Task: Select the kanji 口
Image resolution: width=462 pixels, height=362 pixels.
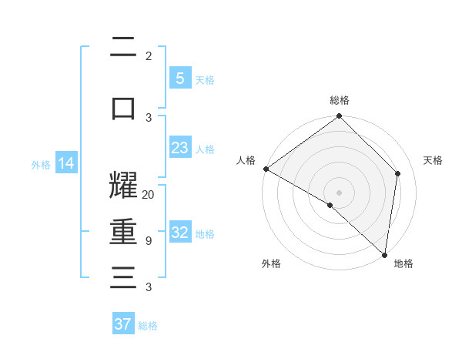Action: [x=123, y=108]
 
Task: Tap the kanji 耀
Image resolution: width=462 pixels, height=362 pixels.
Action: [x=123, y=186]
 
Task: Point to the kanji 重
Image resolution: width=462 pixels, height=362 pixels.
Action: [x=123, y=232]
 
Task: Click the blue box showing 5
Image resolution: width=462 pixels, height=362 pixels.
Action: [x=179, y=78]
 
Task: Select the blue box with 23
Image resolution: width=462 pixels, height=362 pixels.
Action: [x=179, y=147]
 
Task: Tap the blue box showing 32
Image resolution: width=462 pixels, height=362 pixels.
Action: [x=179, y=232]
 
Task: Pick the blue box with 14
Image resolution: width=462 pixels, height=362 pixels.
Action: [x=66, y=163]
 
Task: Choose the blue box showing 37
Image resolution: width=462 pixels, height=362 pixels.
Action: [x=123, y=324]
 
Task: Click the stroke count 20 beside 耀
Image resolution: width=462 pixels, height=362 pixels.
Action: [x=149, y=194]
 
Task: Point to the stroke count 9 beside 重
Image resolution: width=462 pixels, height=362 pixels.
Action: [x=148, y=240]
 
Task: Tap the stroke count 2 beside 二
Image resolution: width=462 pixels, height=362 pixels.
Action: [x=148, y=55]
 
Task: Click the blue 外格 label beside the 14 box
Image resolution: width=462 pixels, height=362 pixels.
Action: [x=41, y=164]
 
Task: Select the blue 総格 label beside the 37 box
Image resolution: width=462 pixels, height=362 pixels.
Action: [x=148, y=326]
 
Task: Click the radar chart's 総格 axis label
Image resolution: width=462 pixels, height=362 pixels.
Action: [x=340, y=100]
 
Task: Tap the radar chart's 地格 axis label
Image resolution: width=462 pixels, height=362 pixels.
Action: [x=403, y=263]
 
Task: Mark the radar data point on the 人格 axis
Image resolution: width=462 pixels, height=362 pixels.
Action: [x=266, y=169]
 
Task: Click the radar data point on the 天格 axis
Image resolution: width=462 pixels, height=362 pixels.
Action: [x=398, y=173]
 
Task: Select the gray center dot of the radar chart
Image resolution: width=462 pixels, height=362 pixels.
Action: [x=339, y=192]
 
